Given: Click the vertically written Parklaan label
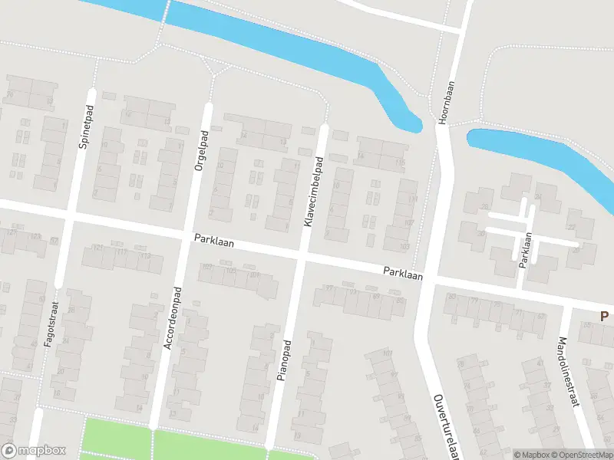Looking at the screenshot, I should click(526, 250).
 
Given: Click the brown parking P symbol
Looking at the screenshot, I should click(604, 316).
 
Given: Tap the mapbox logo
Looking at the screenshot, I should click(35, 451).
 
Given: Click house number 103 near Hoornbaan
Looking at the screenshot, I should click(405, 246).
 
